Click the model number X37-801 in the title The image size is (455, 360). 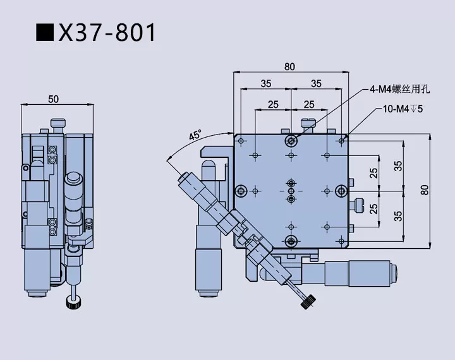[x=107, y=32]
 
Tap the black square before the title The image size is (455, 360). [x=45, y=33]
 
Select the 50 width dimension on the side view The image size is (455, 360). [x=53, y=99]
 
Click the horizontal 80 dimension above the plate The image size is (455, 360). [x=290, y=66]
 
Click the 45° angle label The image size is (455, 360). [x=195, y=135]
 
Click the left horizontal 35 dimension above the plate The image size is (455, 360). [x=265, y=83]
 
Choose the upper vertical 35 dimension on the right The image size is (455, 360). [x=397, y=165]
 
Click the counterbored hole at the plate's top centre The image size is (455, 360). [x=291, y=140]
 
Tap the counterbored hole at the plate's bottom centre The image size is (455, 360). [x=291, y=239]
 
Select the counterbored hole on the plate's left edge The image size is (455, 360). [x=241, y=189]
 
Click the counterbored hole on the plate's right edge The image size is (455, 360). [x=341, y=189]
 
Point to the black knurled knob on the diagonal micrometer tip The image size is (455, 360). [x=307, y=304]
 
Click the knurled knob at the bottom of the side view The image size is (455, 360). [x=75, y=302]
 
